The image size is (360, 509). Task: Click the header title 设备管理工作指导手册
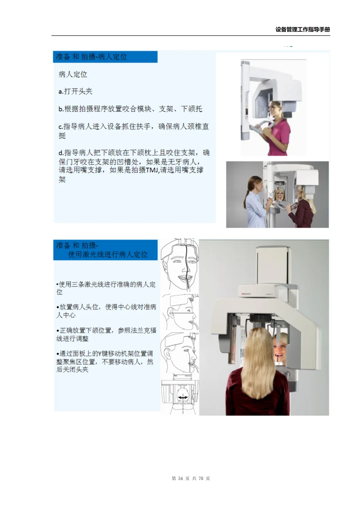click(x=302, y=29)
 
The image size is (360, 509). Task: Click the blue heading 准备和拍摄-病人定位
click(x=91, y=57)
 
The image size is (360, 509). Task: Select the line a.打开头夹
click(x=75, y=91)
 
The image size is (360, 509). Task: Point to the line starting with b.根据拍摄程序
click(x=130, y=109)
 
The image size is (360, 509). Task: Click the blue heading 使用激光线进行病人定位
click(x=108, y=254)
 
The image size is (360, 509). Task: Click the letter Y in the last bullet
click(x=99, y=354)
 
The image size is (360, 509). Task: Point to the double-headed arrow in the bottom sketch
click(x=182, y=397)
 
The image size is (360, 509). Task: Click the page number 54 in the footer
click(x=180, y=479)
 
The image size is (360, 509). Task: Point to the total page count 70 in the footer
click(x=201, y=479)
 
